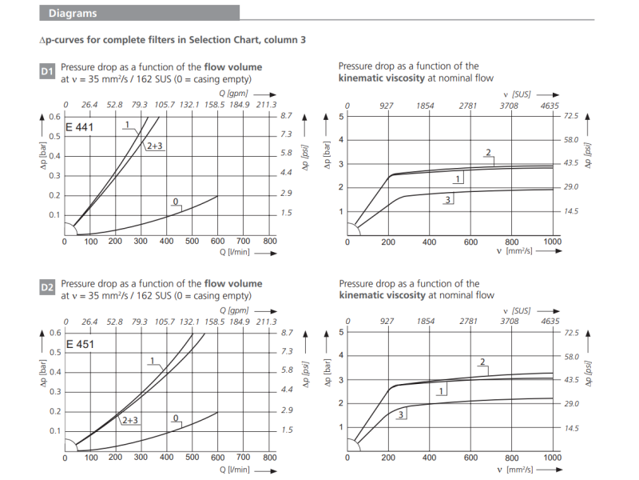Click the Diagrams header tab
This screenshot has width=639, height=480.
point(73,13)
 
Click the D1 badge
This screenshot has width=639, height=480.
point(47,73)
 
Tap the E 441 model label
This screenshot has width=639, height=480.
point(80,128)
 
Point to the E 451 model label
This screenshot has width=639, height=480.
point(80,344)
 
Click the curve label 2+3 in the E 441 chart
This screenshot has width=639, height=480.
point(154,146)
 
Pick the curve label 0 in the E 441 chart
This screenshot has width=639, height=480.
point(175,202)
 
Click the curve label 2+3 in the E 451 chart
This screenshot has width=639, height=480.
point(129,419)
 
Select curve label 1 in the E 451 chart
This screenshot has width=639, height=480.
point(151,361)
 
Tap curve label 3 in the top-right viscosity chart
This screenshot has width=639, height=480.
point(448,199)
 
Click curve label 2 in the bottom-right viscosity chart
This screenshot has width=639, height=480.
point(482,362)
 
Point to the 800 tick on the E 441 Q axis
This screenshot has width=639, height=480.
point(269,242)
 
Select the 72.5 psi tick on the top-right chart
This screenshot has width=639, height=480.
point(570,116)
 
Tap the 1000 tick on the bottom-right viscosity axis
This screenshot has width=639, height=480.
point(552,458)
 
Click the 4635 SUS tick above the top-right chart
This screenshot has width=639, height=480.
point(550,106)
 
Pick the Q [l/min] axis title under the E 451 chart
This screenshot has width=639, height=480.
point(238,469)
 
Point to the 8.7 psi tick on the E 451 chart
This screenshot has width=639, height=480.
point(288,332)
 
